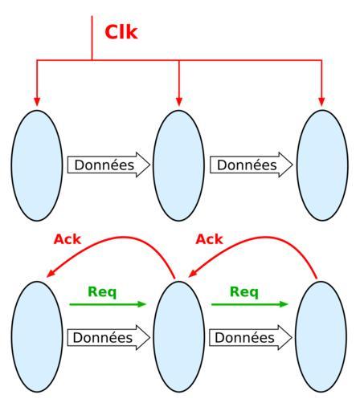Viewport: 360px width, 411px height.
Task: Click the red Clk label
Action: pos(121,32)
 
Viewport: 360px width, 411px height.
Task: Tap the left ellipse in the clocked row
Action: pos(37,165)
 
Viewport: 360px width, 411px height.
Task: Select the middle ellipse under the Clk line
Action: pos(179,165)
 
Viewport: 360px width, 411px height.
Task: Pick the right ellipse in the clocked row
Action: pos(322,165)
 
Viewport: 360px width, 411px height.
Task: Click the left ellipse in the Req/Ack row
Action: pos(37,336)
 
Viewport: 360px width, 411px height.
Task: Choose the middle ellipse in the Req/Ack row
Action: pos(179,336)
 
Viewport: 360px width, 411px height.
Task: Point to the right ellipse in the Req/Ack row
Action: pos(321,336)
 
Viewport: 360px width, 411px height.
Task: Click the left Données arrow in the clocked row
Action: pos(108,165)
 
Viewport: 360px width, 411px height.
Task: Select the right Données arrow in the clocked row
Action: pos(252,165)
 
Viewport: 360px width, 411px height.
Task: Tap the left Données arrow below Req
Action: pos(108,337)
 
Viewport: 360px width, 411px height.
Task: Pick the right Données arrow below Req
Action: pos(251,337)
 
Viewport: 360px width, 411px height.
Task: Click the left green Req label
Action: pos(102,291)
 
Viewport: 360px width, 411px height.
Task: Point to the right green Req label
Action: pos(244,291)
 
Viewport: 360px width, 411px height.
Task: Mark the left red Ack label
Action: pos(67,239)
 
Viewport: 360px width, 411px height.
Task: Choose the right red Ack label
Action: pos(209,239)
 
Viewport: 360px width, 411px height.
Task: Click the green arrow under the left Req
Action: pos(108,304)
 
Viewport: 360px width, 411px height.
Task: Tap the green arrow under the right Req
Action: pos(250,304)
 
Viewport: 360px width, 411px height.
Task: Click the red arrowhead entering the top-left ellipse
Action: pos(37,102)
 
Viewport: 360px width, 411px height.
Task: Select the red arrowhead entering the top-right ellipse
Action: pos(321,102)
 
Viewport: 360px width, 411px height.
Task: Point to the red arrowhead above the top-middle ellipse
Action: pos(179,102)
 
